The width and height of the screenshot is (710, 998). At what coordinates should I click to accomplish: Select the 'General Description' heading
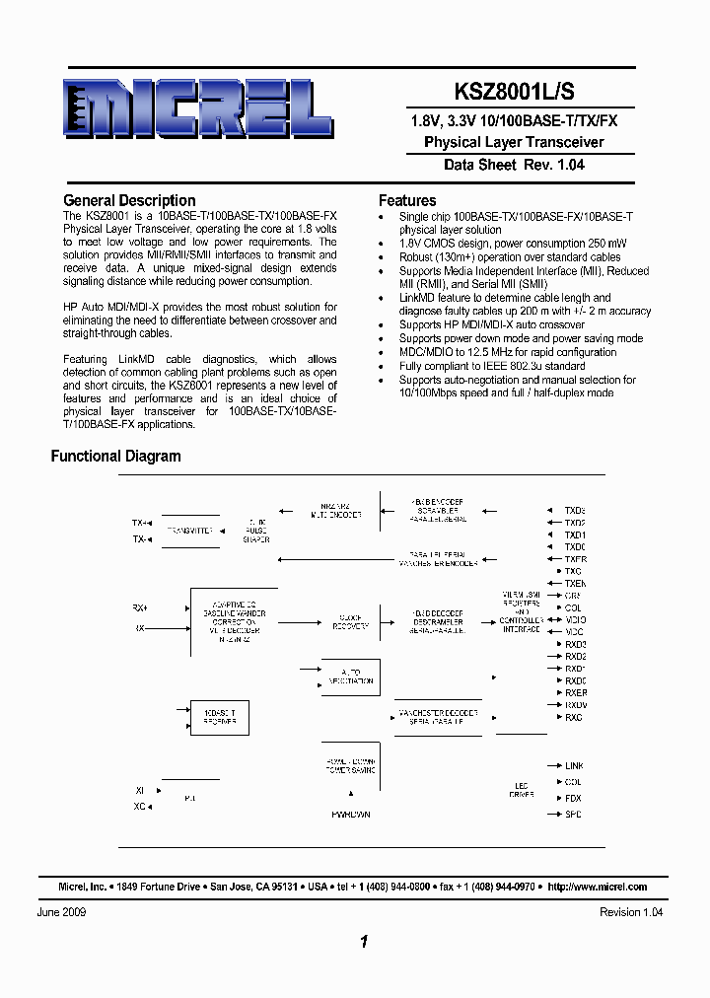129,200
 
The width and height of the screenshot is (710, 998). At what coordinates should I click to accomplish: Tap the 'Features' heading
407,200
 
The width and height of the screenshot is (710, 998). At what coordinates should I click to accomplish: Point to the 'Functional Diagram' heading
115,457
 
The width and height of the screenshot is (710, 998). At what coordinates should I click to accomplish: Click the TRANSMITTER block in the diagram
190,531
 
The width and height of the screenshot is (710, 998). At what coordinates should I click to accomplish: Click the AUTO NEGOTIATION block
351,677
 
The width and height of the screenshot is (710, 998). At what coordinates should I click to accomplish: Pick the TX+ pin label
141,523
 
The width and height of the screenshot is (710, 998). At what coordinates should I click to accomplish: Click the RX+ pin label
140,607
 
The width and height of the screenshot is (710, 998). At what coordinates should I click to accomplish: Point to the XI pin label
139,790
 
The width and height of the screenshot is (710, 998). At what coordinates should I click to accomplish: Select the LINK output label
574,765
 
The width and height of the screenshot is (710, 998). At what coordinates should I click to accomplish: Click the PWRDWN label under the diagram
350,815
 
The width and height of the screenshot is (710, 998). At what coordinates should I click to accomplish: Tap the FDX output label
573,798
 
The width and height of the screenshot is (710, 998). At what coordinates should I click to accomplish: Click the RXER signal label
575,693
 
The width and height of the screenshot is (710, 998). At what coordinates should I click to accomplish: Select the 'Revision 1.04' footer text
631,912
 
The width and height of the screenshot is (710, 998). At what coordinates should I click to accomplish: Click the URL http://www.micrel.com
597,887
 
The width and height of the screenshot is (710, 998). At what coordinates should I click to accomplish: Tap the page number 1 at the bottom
364,943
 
